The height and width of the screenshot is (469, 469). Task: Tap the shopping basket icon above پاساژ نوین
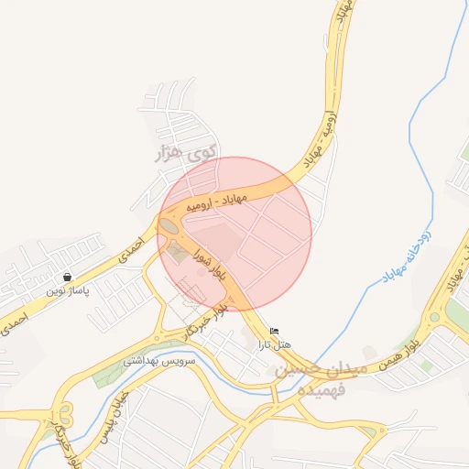point(68,277)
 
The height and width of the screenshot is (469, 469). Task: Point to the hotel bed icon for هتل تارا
point(274,331)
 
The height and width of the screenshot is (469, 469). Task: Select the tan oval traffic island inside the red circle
point(169,225)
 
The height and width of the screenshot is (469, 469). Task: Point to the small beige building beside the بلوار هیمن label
point(369,352)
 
